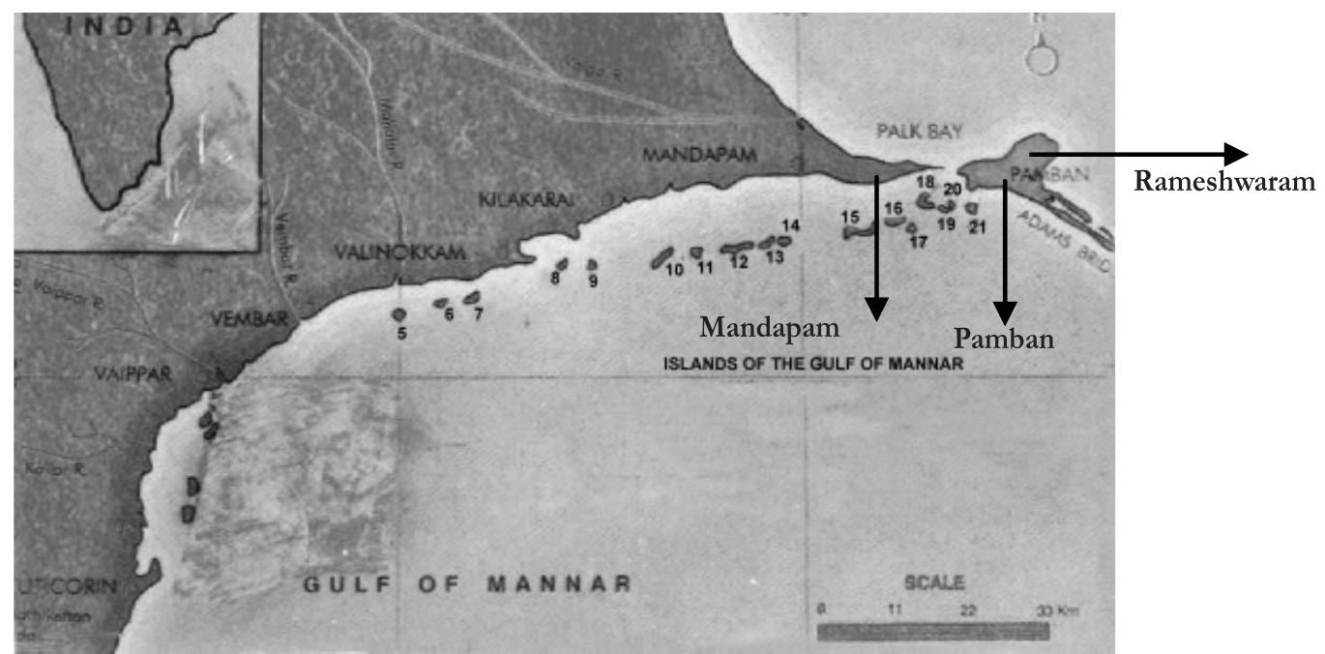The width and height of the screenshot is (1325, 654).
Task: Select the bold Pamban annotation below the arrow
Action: pos(1004,338)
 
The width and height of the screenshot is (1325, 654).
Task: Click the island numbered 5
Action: pos(398,313)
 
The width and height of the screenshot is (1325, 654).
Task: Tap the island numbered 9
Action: pos(592,264)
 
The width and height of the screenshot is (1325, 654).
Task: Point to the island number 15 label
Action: pos(850,218)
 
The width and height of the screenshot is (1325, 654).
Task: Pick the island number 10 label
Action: pos(674,270)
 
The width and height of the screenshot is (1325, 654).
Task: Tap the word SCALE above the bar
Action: pos(932,583)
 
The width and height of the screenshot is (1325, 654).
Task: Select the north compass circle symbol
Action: pos(1042,60)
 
